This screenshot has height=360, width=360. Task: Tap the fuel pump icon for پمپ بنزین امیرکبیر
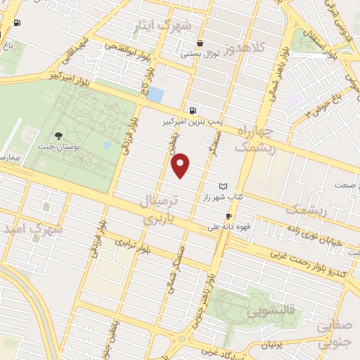click(x=193, y=110)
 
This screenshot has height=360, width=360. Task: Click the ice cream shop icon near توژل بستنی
click(x=200, y=43)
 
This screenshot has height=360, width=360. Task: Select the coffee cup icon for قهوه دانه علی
click(x=229, y=216)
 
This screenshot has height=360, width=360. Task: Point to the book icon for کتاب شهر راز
click(x=224, y=186)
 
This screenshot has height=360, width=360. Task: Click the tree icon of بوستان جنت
click(x=58, y=136)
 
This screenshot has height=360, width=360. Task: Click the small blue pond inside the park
click(x=106, y=145)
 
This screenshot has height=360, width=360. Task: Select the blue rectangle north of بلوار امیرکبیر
click(x=156, y=94)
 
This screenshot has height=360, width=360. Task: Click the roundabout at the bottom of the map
click(x=181, y=339)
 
